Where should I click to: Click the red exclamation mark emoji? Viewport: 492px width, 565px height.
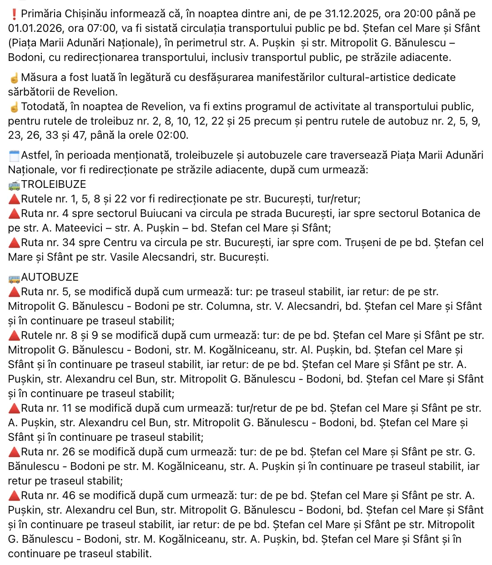pyautogui.click(x=13, y=14)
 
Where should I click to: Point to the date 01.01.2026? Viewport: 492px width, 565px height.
pyautogui.click(x=36, y=29)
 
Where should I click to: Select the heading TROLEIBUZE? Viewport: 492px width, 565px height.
pyautogui.click(x=54, y=185)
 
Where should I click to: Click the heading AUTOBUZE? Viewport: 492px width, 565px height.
pyautogui.click(x=50, y=277)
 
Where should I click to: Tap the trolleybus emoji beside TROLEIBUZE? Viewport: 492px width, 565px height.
pyautogui.click(x=14, y=185)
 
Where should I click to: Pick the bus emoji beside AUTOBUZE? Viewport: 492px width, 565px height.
pyautogui.click(x=14, y=277)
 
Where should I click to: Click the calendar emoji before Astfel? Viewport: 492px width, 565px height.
pyautogui.click(x=14, y=156)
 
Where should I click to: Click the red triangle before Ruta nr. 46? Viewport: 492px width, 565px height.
pyautogui.click(x=14, y=496)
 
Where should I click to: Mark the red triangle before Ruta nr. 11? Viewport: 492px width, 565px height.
pyautogui.click(x=14, y=409)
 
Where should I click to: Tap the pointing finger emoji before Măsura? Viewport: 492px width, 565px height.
pyautogui.click(x=14, y=78)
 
